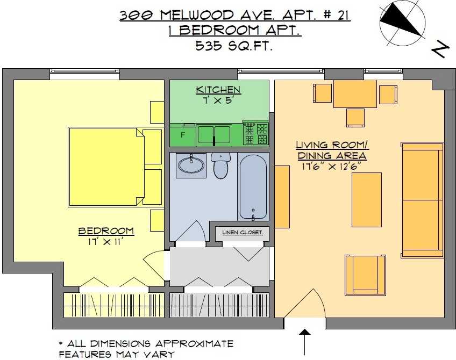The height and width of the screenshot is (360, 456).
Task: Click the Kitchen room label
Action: click(218, 90)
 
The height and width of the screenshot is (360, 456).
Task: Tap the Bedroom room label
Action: click(106, 231)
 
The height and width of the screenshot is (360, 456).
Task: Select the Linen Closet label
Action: click(242, 233)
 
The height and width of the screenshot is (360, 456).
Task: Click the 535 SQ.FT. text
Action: click(234, 45)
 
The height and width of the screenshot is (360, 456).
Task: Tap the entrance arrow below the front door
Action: click(305, 342)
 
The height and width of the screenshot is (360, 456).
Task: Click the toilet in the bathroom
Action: click(220, 165)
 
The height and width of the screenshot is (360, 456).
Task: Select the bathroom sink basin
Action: click(191, 165)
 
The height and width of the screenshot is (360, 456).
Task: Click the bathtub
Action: click(253, 188)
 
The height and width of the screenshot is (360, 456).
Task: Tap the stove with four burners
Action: click(255, 134)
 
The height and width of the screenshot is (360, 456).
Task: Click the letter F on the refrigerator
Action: click(183, 135)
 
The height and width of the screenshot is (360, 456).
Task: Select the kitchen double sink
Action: click(214, 135)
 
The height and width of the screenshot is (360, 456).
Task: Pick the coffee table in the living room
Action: click(366, 200)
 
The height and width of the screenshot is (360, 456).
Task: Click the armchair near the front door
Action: click(366, 275)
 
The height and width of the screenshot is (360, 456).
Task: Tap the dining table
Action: click(355, 94)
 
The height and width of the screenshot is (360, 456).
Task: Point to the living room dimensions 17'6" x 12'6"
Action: click(332, 167)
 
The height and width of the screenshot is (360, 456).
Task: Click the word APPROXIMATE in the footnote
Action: click(195, 344)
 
